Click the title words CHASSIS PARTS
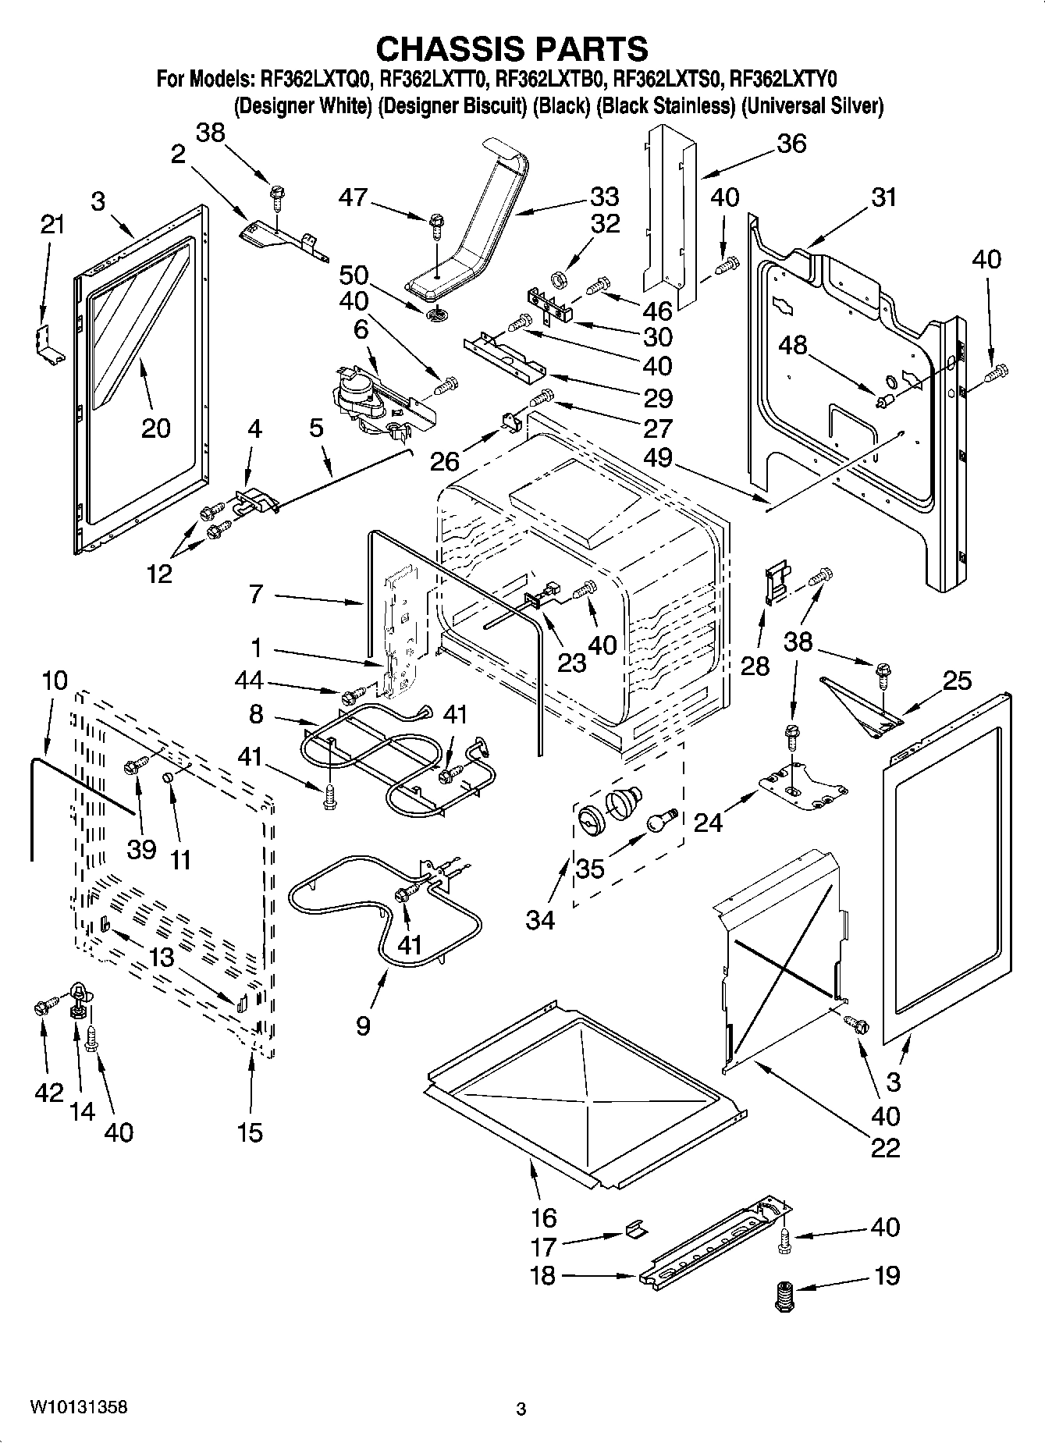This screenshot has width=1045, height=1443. [512, 48]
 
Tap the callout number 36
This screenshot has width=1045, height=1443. [791, 144]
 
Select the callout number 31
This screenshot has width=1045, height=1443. [883, 197]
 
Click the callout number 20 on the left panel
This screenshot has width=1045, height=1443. [156, 427]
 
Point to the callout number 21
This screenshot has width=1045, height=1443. [52, 225]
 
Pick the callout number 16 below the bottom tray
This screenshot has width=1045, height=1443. [543, 1217]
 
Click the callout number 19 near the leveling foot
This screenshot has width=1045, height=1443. [887, 1275]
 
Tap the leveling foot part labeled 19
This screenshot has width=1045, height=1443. [784, 1297]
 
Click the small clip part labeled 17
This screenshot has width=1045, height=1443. [634, 1231]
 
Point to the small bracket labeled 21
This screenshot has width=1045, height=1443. [48, 343]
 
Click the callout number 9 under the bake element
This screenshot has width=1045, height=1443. [363, 1025]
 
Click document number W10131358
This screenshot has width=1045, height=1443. [78, 1407]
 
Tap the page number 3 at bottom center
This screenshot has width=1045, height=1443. [521, 1409]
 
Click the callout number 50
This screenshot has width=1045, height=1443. [354, 275]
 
